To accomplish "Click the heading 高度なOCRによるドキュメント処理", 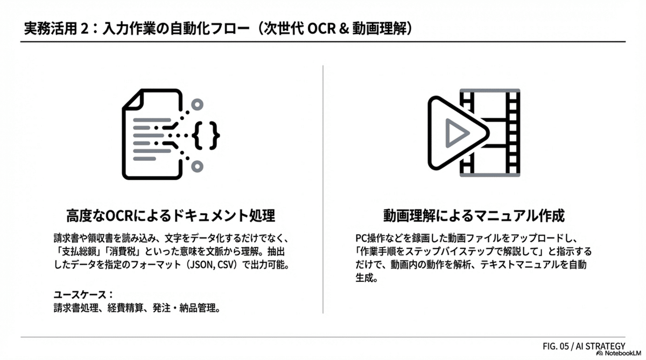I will tap(171, 216).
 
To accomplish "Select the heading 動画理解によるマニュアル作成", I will tap(474, 216).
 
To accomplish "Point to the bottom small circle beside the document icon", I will tap(198, 166).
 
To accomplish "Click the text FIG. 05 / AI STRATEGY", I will tap(584, 345).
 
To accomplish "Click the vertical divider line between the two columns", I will tap(323, 188).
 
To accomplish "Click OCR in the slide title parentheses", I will tap(321, 29).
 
